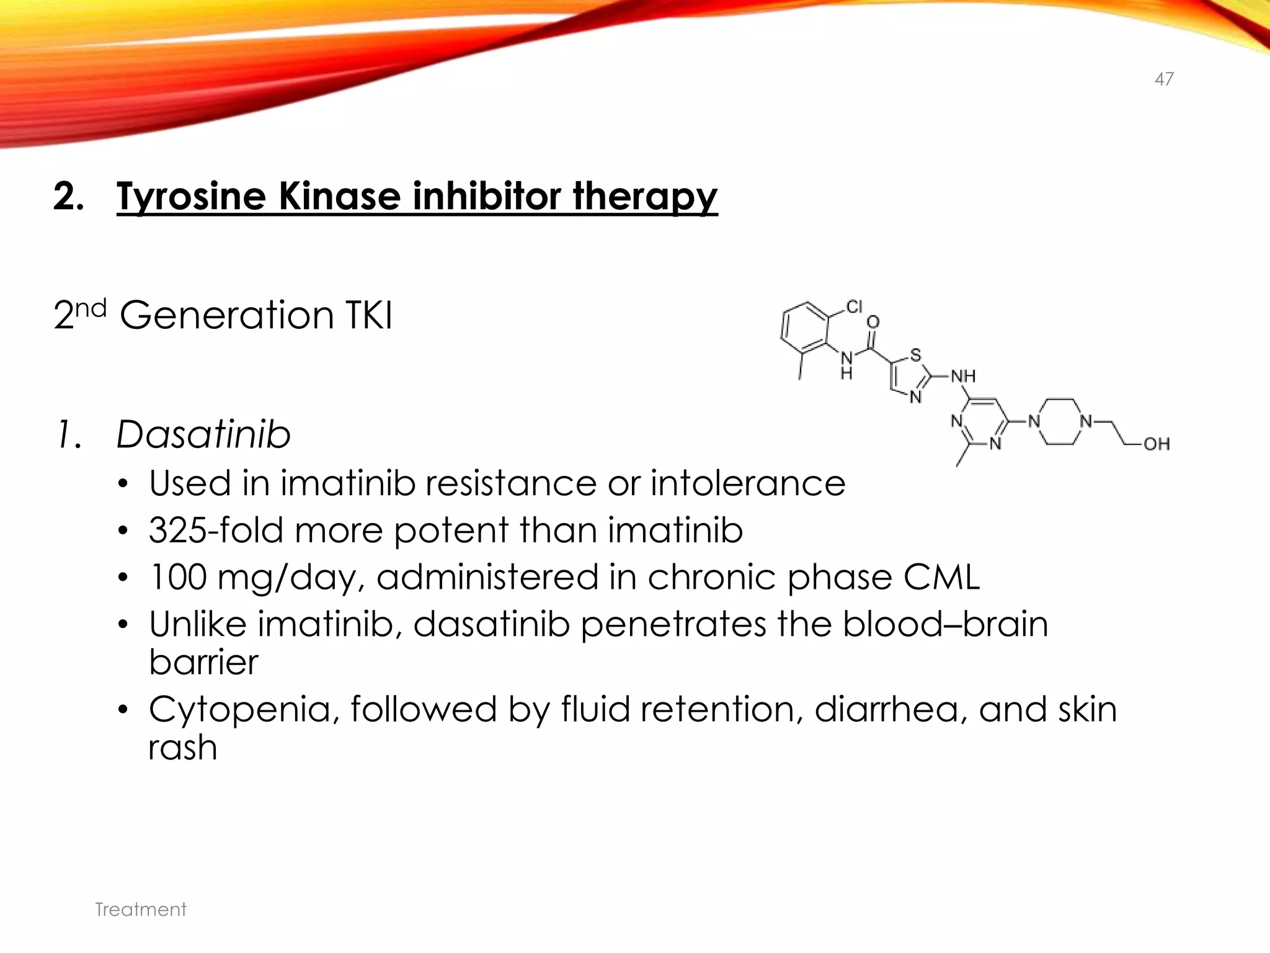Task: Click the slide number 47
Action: [x=1164, y=79]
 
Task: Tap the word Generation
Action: [x=227, y=315]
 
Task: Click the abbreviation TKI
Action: [x=368, y=315]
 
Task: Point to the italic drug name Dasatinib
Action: [x=203, y=434]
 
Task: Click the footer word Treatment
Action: [x=141, y=910]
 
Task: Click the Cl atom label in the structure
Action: [x=855, y=306]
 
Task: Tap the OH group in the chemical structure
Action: [x=1157, y=444]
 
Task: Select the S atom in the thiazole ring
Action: [x=915, y=356]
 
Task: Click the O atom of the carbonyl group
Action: [x=873, y=322]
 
